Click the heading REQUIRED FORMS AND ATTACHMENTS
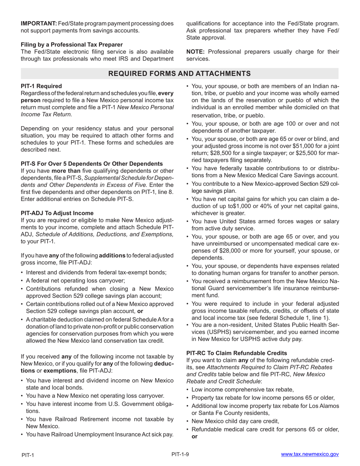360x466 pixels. pyautogui.click(x=180, y=73)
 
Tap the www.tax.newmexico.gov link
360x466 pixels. pyautogui.click(x=310, y=454)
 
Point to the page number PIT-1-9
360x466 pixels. pyautogui.click(x=180, y=454)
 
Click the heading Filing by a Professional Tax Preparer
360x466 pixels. pyautogui.click(x=72, y=45)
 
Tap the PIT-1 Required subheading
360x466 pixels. pyautogui.click(x=41, y=86)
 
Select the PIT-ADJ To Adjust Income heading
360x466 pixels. pyautogui.click(x=57, y=213)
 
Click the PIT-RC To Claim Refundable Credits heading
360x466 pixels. pyautogui.click(x=236, y=353)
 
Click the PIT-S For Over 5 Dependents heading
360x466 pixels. pyautogui.click(x=92, y=164)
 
